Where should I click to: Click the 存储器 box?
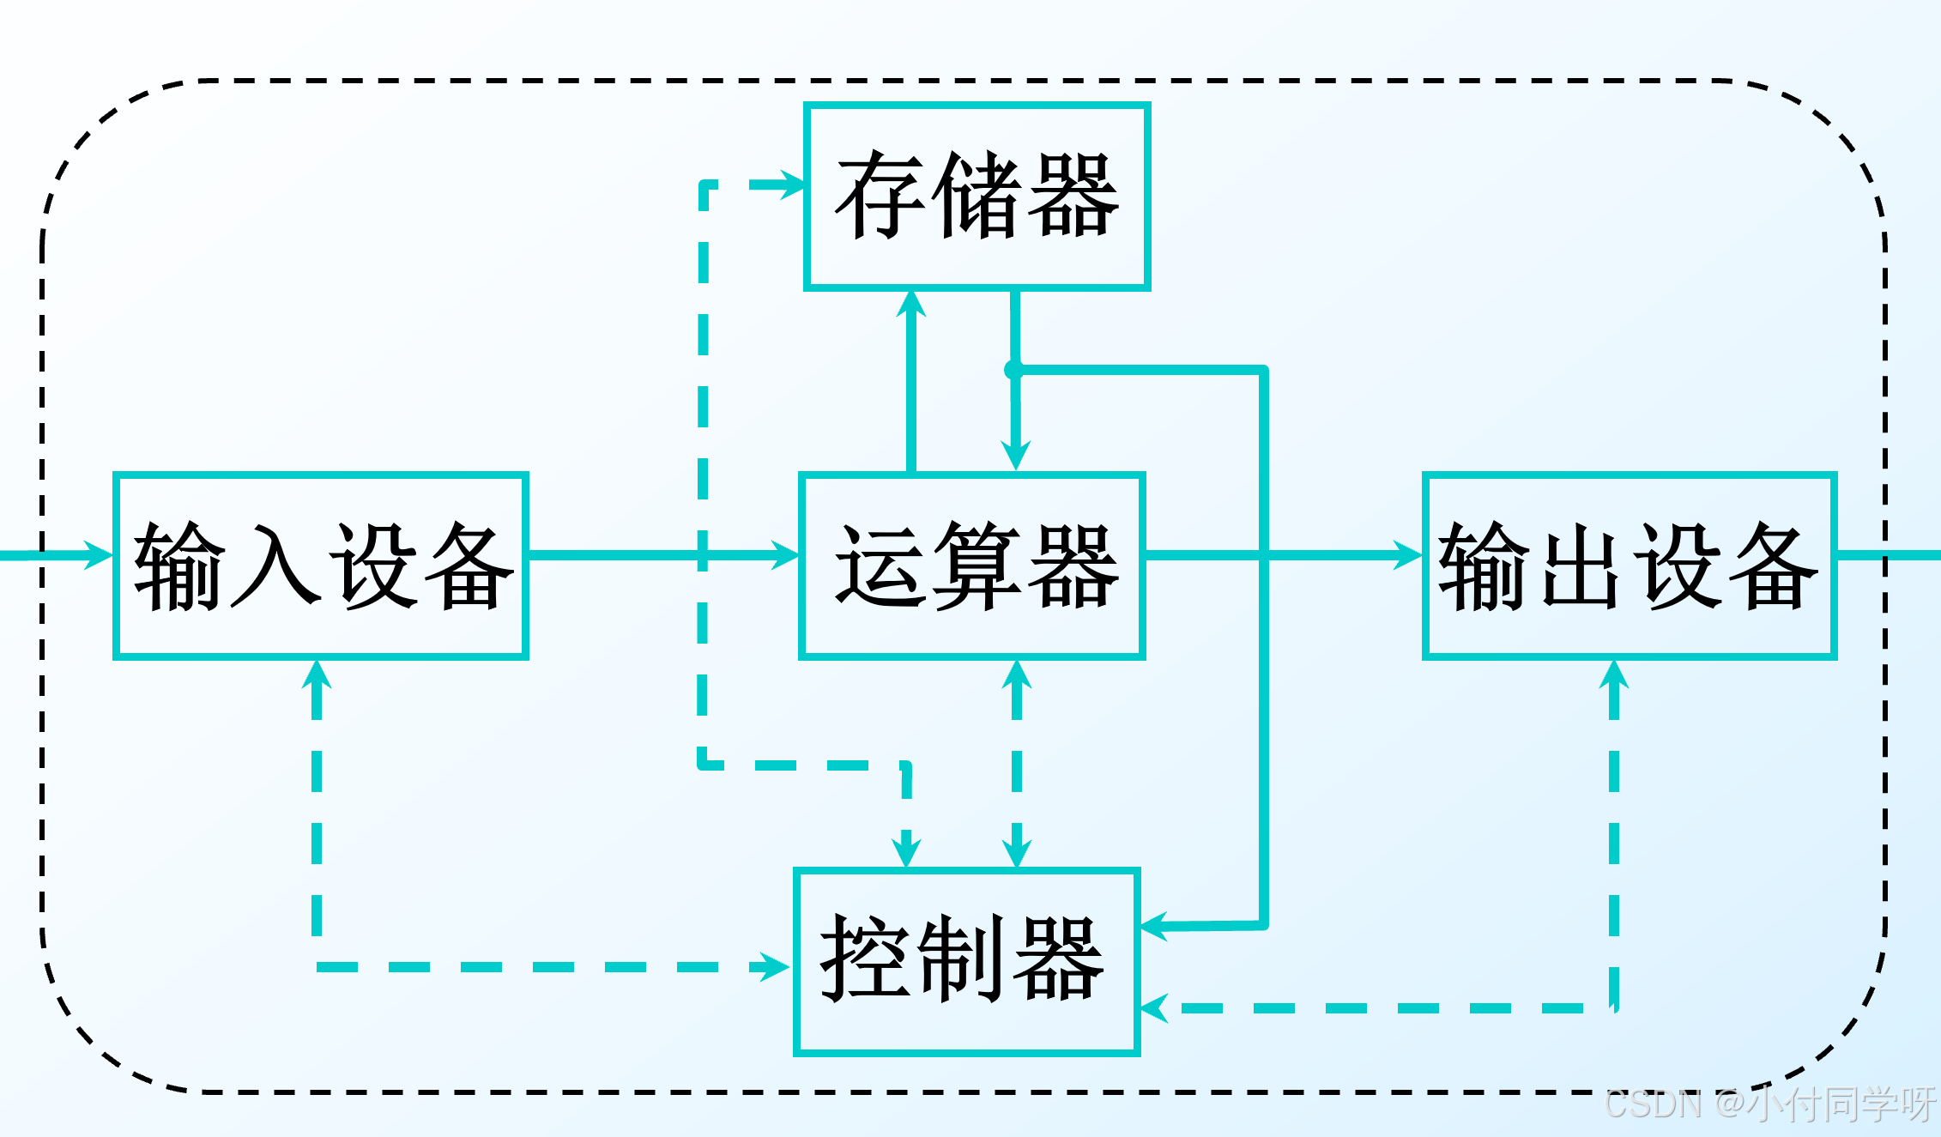pyautogui.click(x=977, y=197)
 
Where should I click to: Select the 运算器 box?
pyautogui.click(x=971, y=565)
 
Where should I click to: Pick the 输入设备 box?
pyautogui.click(x=320, y=565)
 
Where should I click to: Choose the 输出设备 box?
pyautogui.click(x=1629, y=565)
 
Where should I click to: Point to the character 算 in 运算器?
pyautogui.click(x=977, y=565)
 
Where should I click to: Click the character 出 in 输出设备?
pyautogui.click(x=1581, y=565)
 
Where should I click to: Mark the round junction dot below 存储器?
pyautogui.click(x=1014, y=370)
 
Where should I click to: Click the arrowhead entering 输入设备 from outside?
pyautogui.click(x=99, y=554)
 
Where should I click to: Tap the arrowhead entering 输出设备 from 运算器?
pyautogui.click(x=1407, y=554)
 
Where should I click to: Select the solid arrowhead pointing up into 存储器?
pyautogui.click(x=911, y=305)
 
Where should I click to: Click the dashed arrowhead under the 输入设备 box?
pyautogui.click(x=317, y=674)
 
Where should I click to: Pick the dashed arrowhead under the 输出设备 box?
pyautogui.click(x=1614, y=675)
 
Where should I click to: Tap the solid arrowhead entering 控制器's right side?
pyautogui.click(x=1155, y=926)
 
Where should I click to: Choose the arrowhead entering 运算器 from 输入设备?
pyautogui.click(x=784, y=554)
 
